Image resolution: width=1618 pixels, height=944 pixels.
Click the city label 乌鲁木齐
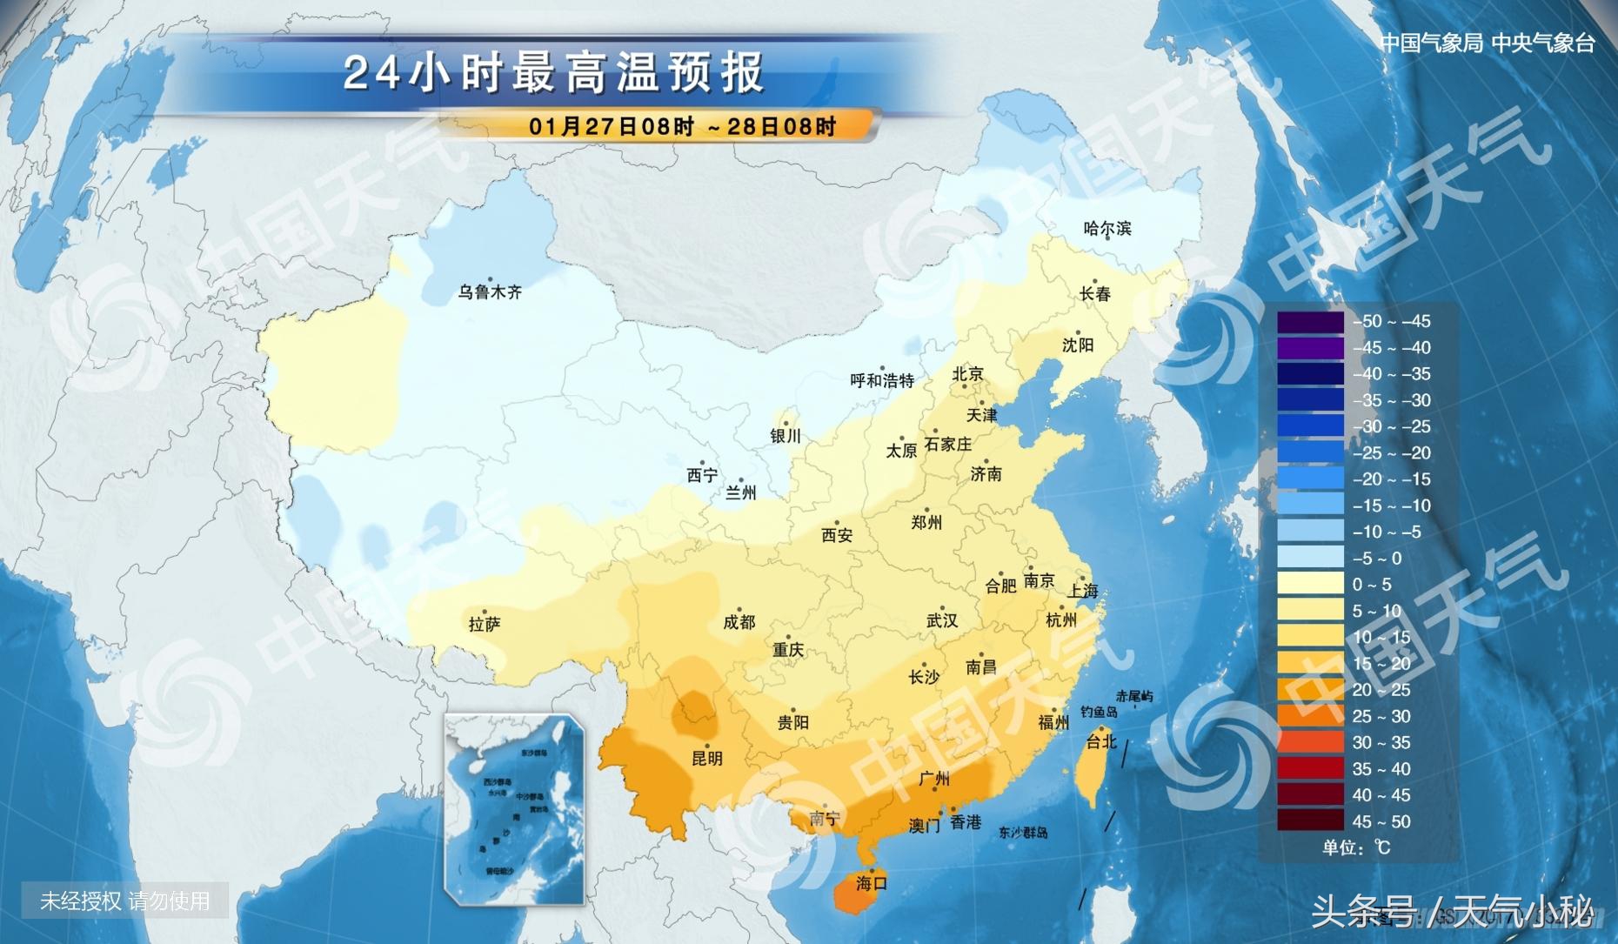490,292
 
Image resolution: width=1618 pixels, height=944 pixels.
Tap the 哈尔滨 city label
1107,229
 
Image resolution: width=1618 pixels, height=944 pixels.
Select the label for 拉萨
485,624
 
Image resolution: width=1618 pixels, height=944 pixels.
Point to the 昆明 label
706,759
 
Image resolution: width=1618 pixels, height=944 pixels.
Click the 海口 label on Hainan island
871,883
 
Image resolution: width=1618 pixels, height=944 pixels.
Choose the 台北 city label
1101,742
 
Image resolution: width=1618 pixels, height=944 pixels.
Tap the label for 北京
967,374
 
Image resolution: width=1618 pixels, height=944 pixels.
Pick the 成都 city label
739,622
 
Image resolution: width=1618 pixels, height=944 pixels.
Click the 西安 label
837,536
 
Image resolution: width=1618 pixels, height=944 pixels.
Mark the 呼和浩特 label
882,380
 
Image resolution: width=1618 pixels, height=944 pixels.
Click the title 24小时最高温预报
553,73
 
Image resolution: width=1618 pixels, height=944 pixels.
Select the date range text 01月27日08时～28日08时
682,127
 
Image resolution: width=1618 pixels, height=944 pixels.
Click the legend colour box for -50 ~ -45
1310,322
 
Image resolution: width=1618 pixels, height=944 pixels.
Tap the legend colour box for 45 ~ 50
1310,821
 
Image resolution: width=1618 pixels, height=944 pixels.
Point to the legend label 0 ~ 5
1372,585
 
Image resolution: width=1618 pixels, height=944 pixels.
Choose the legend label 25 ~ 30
1381,716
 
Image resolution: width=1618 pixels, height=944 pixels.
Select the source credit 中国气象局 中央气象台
1488,43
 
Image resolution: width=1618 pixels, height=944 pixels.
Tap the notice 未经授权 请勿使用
125,900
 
